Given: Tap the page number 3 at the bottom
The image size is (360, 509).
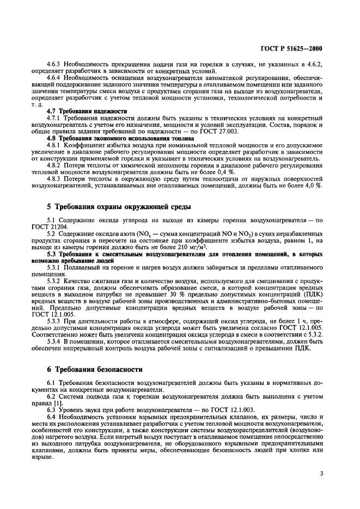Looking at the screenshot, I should [x=322, y=474].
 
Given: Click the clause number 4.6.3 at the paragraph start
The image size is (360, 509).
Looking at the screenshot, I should [x=54, y=64].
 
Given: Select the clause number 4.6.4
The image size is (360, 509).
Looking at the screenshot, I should [x=54, y=77].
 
